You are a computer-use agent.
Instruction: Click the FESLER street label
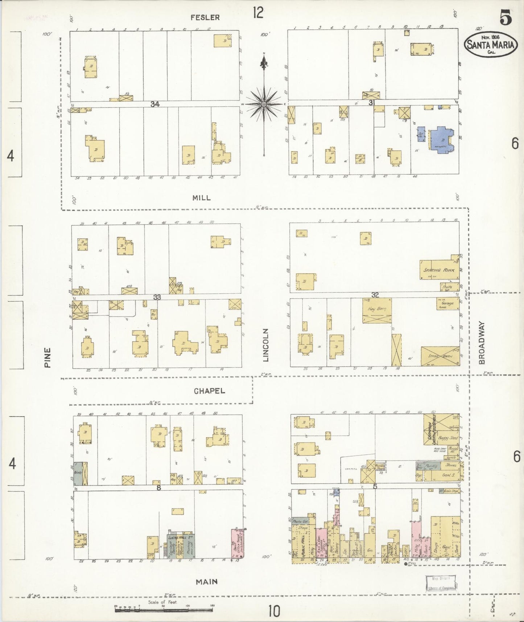coord(205,17)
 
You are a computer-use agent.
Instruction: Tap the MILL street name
coord(202,198)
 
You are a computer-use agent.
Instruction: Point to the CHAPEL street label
coord(209,391)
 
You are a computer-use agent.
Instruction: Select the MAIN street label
coord(207,582)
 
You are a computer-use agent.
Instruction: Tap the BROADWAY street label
coord(482,343)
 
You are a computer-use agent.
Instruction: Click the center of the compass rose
coord(264,104)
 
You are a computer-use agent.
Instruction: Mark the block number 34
coord(155,104)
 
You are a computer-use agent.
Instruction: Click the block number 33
coord(157,297)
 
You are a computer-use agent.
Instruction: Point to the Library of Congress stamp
coord(440,584)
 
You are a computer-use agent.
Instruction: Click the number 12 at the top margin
coord(258,13)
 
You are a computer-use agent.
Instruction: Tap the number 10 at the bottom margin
coord(274,612)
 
